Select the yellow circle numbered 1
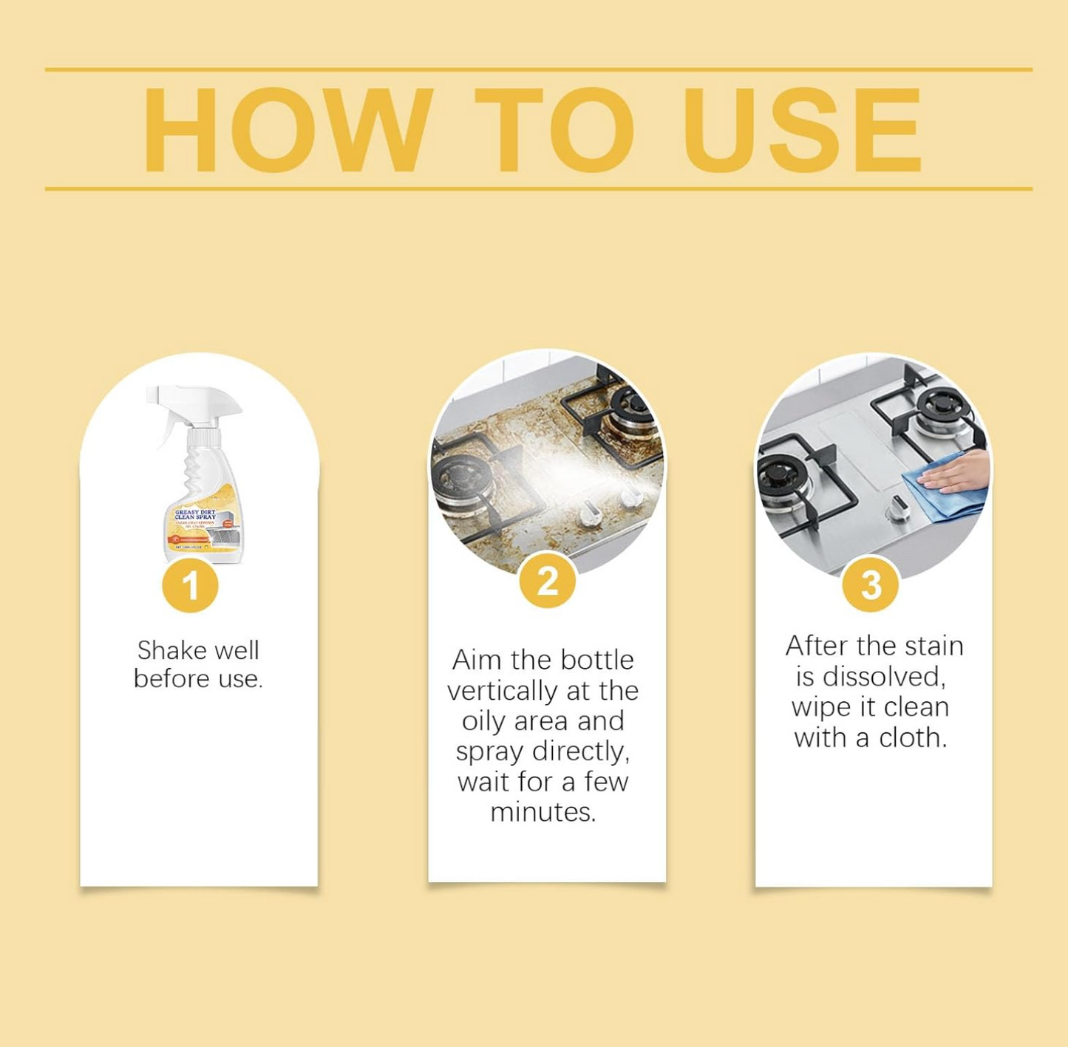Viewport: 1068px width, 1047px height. click(x=190, y=586)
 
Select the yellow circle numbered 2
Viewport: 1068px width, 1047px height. click(x=547, y=581)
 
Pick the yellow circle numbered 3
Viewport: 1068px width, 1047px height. click(x=871, y=584)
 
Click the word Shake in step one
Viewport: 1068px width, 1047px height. click(x=171, y=651)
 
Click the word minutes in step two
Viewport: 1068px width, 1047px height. click(x=542, y=813)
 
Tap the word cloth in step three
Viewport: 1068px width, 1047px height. click(x=912, y=738)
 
